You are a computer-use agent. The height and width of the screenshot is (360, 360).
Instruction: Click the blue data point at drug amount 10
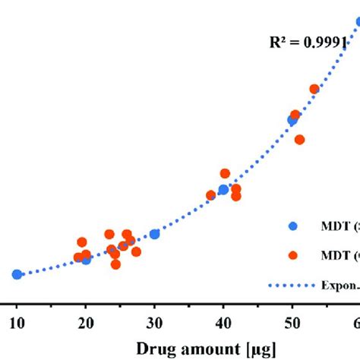click(17, 274)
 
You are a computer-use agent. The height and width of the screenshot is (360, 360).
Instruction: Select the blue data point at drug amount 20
click(86, 259)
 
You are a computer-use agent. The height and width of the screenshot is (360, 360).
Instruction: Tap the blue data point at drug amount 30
click(155, 234)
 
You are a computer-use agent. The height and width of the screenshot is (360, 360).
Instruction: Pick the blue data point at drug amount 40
click(223, 190)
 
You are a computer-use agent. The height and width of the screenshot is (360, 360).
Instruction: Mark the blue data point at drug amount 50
click(292, 120)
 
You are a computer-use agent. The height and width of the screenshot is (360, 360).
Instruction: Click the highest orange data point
click(314, 90)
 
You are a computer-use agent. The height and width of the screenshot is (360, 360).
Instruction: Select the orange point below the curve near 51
click(300, 140)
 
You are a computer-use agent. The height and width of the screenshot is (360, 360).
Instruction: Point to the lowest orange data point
click(115, 265)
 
